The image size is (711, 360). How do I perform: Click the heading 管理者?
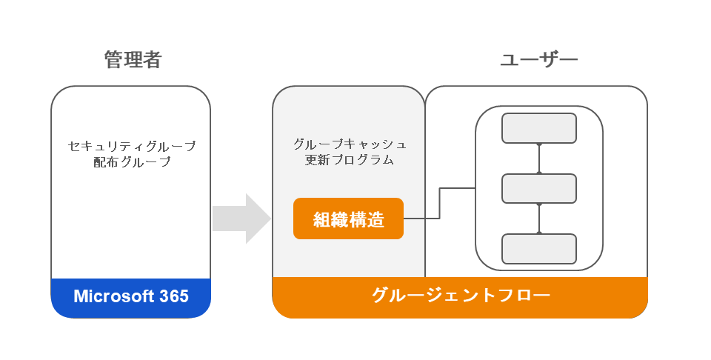(x=133, y=60)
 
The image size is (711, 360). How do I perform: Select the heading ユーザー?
(x=538, y=60)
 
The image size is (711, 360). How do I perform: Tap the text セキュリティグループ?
(x=132, y=146)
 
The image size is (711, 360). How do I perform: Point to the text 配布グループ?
(x=132, y=161)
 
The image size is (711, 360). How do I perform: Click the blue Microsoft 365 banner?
(x=131, y=297)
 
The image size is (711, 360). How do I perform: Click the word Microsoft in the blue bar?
(x=113, y=297)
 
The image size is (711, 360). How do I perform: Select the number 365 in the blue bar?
(x=174, y=297)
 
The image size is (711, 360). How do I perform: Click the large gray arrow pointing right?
(x=241, y=219)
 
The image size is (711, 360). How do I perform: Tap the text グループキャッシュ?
(x=350, y=144)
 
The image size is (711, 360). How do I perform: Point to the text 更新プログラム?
(x=350, y=159)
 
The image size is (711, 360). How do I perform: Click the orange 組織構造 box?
(x=348, y=219)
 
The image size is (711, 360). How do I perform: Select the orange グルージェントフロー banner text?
(x=460, y=296)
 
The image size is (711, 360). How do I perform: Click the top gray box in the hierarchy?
(x=538, y=128)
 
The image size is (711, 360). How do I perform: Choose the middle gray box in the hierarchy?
(x=538, y=188)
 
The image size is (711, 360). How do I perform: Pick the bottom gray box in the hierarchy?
(x=538, y=249)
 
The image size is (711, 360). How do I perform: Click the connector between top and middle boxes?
(x=539, y=159)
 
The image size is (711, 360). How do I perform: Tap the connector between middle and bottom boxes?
(x=539, y=219)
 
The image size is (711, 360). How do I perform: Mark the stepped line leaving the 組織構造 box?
(x=440, y=204)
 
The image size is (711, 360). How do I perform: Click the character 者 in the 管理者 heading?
(x=152, y=60)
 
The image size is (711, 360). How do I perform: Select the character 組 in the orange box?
(x=321, y=219)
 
